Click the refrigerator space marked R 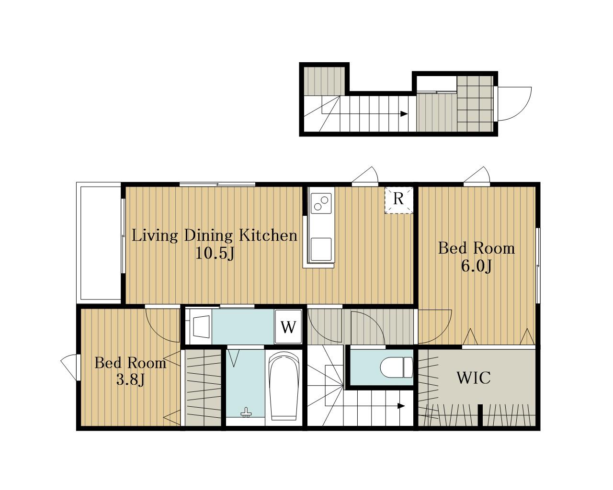[x=399, y=200]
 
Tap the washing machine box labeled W [x=288, y=326]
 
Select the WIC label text [x=474, y=378]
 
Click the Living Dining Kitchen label [x=214, y=236]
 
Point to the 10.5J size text [x=215, y=253]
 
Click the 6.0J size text [x=476, y=267]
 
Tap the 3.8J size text [x=130, y=379]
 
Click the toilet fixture [x=397, y=367]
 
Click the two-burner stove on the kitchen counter [x=321, y=203]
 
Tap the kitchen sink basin [x=321, y=249]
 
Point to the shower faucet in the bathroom [x=246, y=412]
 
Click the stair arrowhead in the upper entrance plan [x=404, y=114]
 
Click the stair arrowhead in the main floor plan [x=401, y=406]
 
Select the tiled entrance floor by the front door [x=475, y=104]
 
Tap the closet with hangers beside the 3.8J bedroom [x=203, y=388]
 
